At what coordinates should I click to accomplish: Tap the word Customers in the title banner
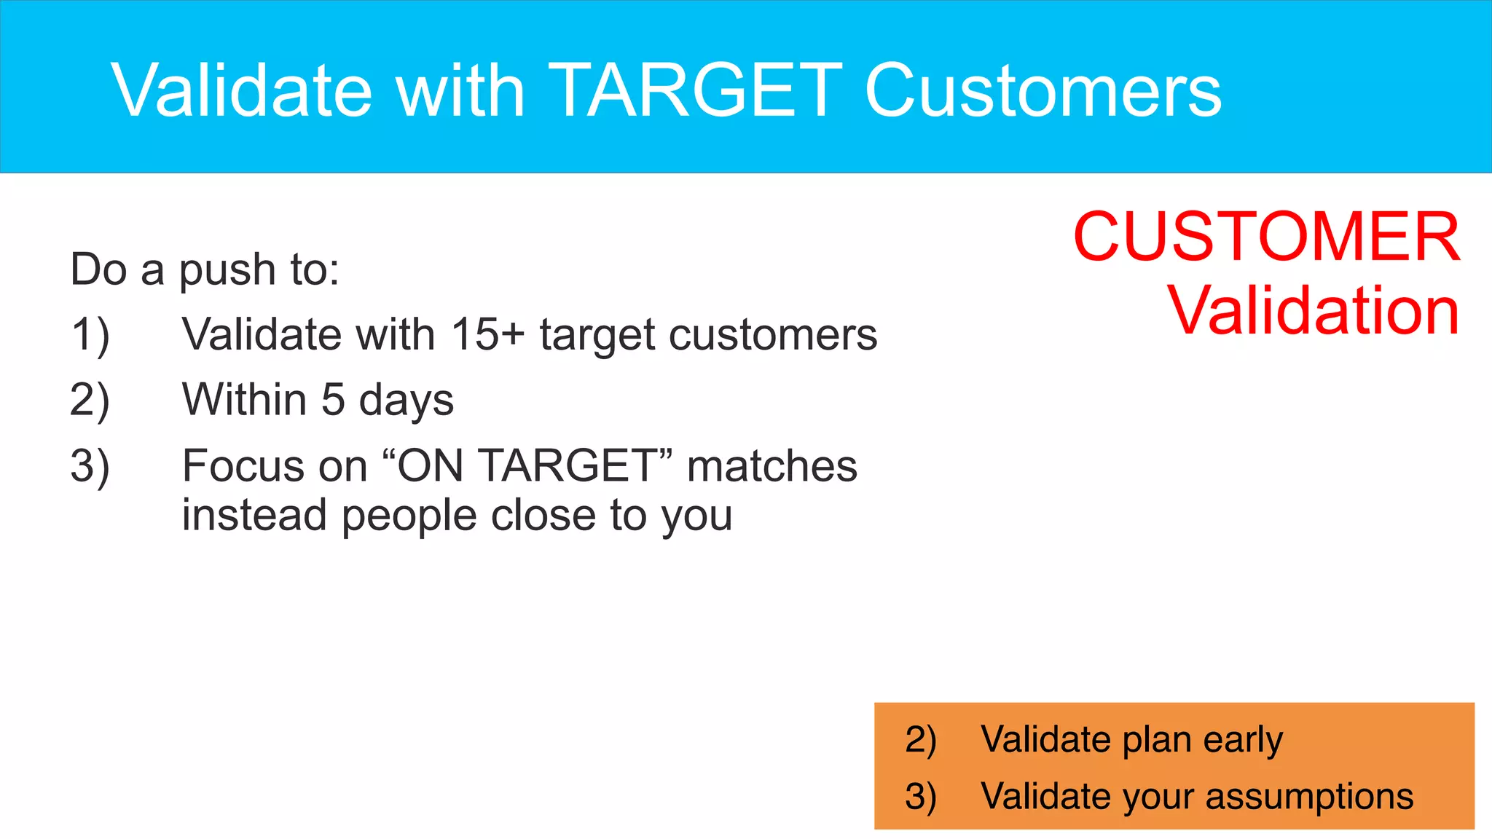[x=1043, y=90]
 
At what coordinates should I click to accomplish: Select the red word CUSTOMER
[x=1266, y=237]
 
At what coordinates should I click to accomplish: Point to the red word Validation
[x=1314, y=311]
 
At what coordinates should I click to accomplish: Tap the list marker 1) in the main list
[x=90, y=336]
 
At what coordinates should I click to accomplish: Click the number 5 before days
[x=333, y=400]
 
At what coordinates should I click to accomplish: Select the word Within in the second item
[x=245, y=400]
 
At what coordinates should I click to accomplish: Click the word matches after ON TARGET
[x=772, y=466]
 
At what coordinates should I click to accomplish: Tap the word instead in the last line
[x=254, y=516]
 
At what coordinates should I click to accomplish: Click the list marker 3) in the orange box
[x=920, y=797]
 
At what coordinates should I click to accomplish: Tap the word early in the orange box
[x=1243, y=741]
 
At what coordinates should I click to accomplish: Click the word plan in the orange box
[x=1158, y=741]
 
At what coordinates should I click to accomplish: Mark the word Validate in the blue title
[x=242, y=90]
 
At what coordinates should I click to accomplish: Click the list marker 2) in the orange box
[x=920, y=740]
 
